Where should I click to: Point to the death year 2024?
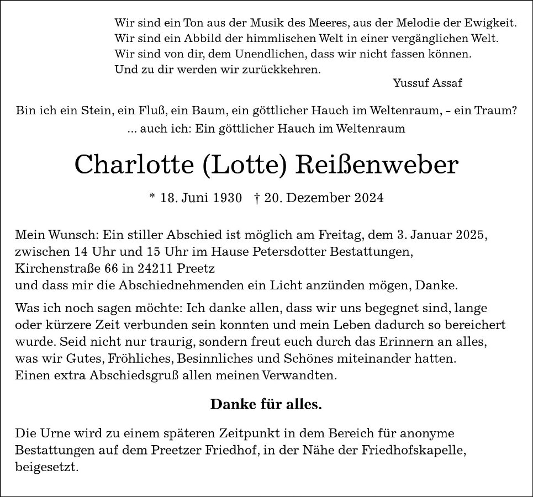(369, 198)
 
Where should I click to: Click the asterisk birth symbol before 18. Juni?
(152, 197)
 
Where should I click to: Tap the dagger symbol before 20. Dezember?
(258, 198)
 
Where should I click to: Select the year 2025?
(471, 235)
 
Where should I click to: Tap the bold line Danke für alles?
(266, 404)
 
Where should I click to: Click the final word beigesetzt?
(47, 467)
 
